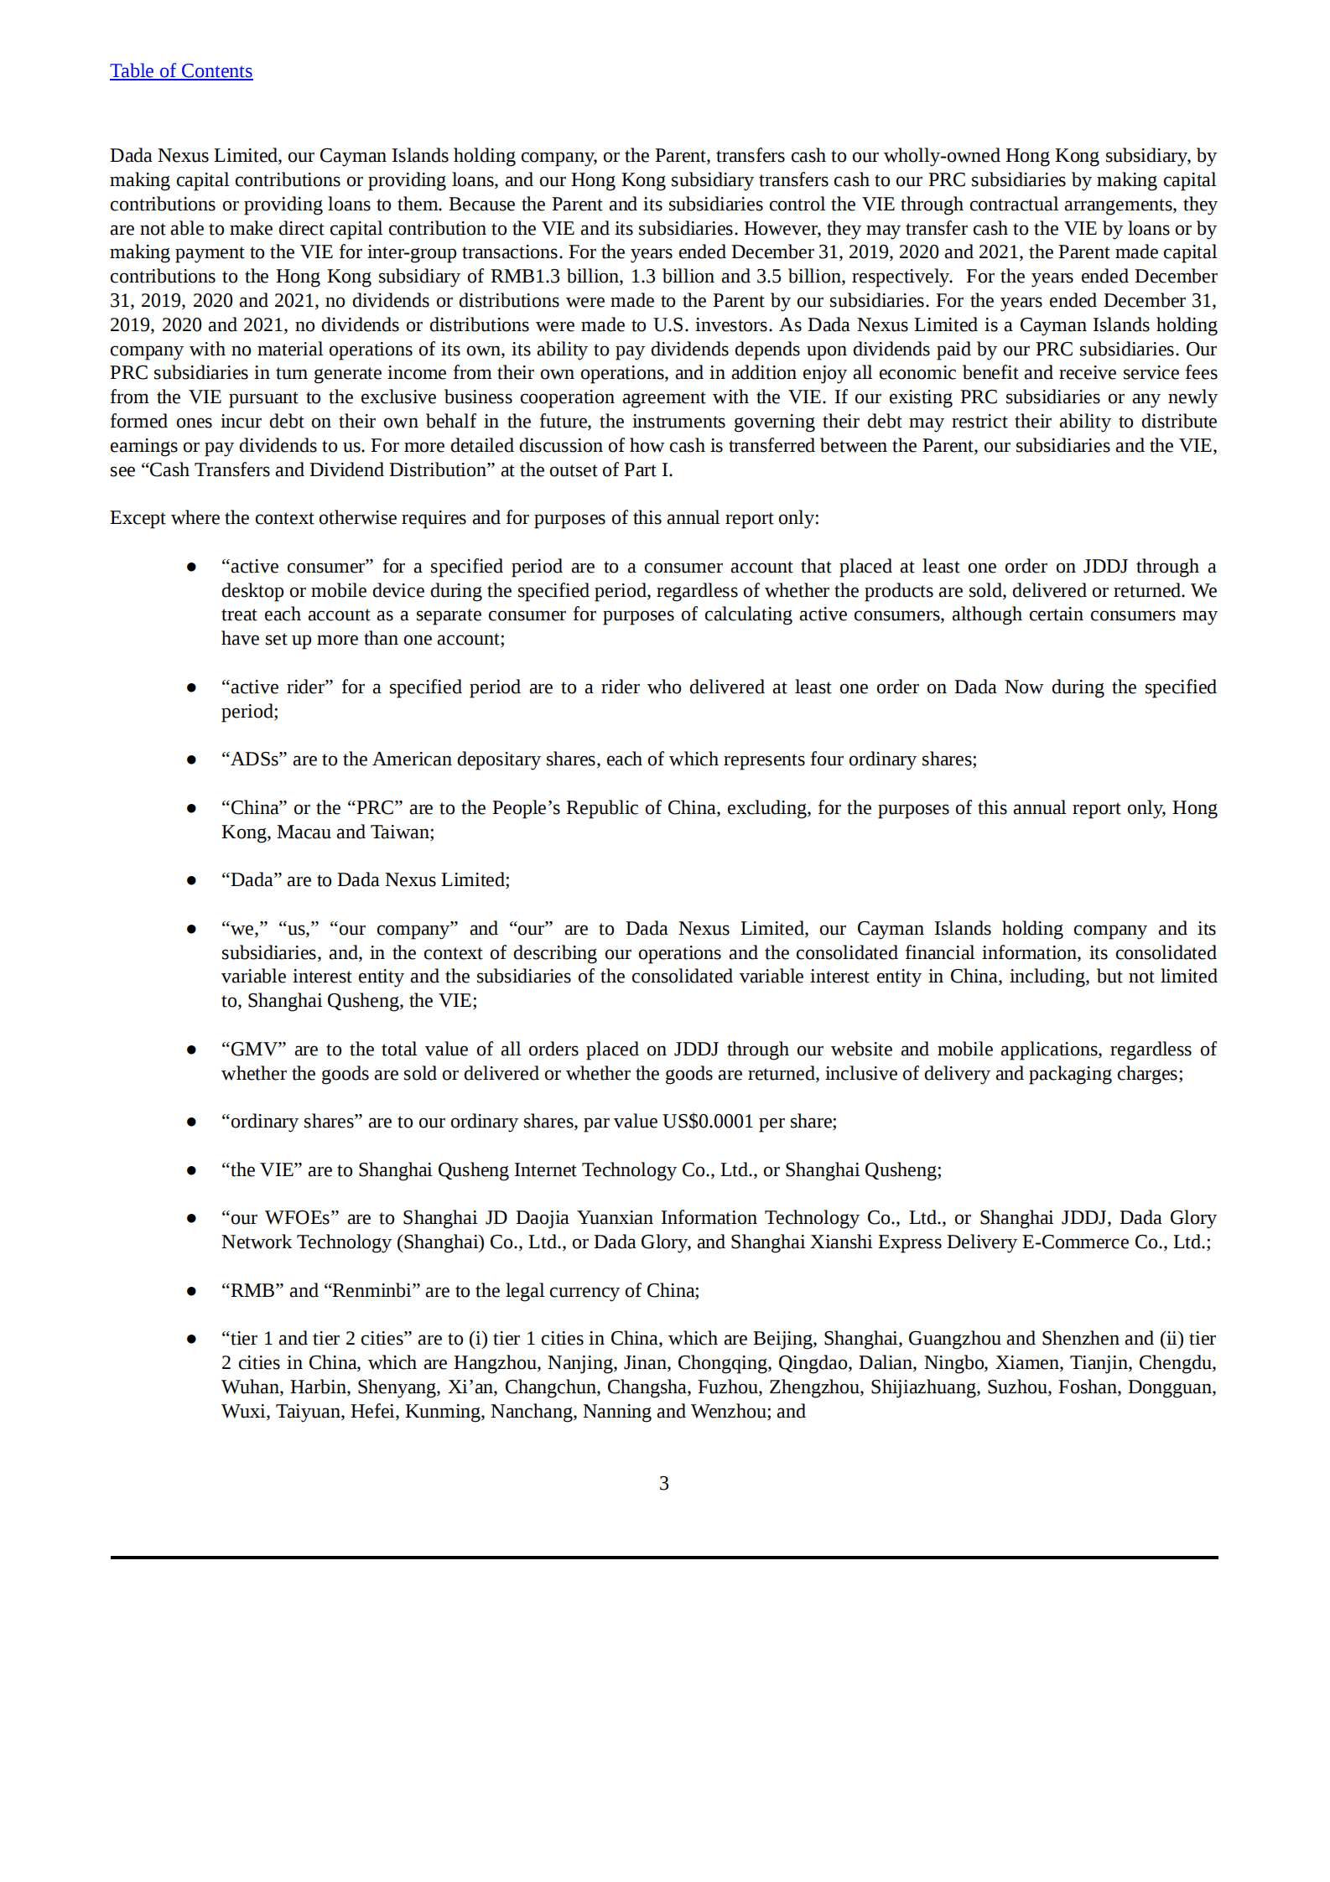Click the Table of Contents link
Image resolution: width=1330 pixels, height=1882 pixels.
181,71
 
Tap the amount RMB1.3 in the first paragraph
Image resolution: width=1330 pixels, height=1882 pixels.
525,277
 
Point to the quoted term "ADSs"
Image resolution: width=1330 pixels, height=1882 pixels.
254,760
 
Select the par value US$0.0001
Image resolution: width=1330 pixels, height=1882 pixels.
708,1122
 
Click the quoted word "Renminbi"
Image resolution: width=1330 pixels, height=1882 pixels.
371,1291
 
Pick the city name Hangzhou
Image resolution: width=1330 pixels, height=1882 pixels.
496,1363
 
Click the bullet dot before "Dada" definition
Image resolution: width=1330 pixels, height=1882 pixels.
192,880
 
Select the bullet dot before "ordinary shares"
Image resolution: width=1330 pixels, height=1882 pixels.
192,1122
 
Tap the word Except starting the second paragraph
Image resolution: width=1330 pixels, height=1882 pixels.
138,518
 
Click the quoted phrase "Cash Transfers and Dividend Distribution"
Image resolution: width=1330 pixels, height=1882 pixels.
317,470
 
